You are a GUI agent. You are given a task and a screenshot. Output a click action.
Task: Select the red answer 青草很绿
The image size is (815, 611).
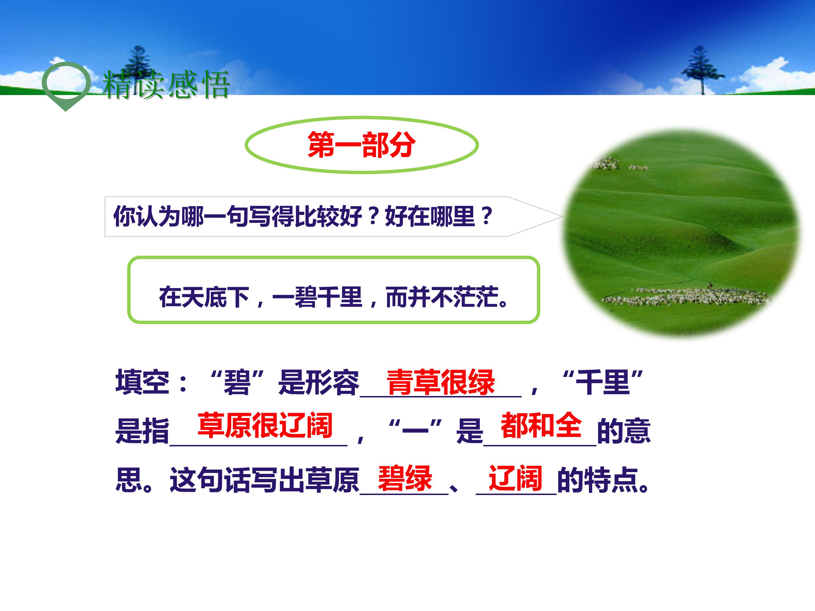(x=440, y=382)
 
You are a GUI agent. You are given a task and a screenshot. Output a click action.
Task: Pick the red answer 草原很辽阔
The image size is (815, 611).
(x=265, y=425)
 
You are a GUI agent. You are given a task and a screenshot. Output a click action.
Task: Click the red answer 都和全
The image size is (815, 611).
(x=541, y=425)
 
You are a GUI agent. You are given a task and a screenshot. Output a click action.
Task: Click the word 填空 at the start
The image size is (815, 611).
(x=142, y=382)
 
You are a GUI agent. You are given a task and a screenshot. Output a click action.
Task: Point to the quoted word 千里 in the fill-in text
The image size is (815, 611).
(x=603, y=382)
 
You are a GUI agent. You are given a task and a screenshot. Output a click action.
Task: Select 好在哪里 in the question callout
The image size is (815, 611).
(x=429, y=216)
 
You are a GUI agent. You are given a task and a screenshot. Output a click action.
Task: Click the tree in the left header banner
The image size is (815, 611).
(x=139, y=68)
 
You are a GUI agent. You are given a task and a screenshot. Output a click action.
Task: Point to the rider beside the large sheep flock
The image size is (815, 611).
(x=710, y=285)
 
